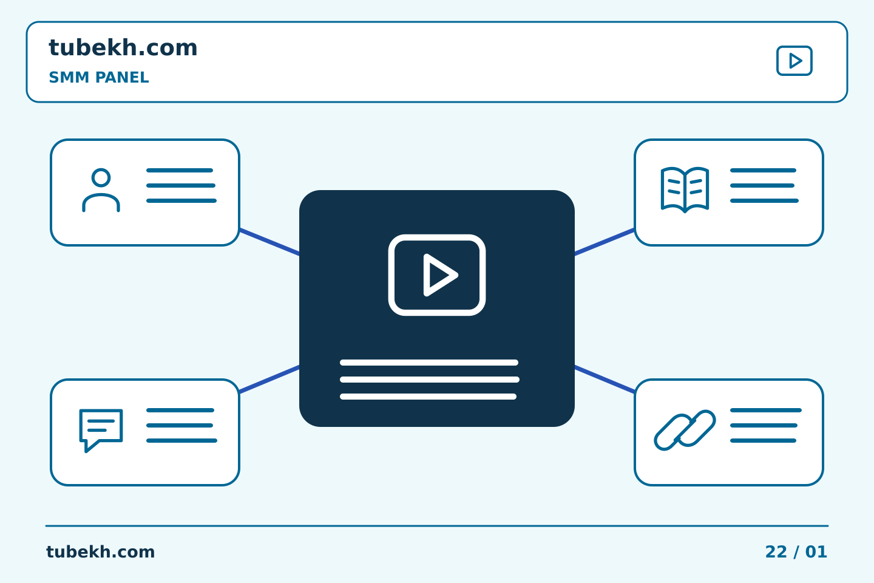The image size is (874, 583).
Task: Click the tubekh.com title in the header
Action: [x=123, y=47]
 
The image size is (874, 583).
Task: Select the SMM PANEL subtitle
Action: [x=99, y=77]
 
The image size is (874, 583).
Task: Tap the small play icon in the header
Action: [x=794, y=61]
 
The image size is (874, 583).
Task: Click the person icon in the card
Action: [x=101, y=190]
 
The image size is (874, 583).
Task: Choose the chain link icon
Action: [x=685, y=431]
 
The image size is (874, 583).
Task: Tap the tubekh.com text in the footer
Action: [x=100, y=552]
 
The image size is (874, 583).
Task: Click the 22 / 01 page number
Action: [x=796, y=552]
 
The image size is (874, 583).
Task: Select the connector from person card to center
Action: [x=269, y=242]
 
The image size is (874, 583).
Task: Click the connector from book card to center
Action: [x=605, y=242]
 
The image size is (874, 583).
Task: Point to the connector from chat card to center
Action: [x=269, y=379]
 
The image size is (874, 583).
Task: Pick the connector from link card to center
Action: [x=605, y=379]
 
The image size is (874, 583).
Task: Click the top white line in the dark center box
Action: [x=429, y=363]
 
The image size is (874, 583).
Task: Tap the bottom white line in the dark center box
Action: [x=428, y=397]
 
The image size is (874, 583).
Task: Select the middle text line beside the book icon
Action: [x=762, y=185]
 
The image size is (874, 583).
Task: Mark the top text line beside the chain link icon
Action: [x=766, y=411]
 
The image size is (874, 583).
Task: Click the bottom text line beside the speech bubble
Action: [x=182, y=441]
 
